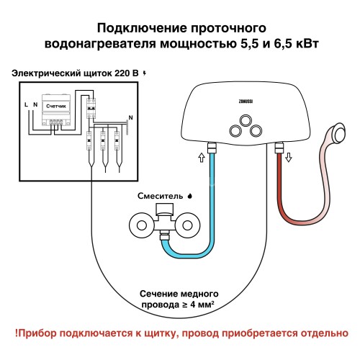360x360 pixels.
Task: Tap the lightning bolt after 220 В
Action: pyautogui.click(x=147, y=73)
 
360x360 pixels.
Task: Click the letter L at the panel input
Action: pyautogui.click(x=26, y=105)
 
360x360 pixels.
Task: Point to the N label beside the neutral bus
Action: pyautogui.click(x=130, y=117)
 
